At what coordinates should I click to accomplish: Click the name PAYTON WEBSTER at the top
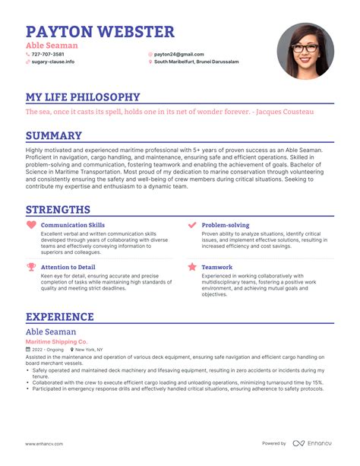coord(100,31)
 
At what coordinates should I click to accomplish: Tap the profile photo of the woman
coord(306,51)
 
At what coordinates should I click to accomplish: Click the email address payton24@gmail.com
coord(179,54)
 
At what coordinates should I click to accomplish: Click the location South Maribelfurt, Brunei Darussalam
coord(197,62)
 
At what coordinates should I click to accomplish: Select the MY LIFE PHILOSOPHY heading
coord(83,97)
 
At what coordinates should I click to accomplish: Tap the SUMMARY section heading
coord(54,135)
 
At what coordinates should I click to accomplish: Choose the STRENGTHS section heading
coord(58,209)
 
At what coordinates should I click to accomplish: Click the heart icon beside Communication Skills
coord(31,225)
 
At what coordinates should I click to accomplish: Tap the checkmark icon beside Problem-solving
coord(192,225)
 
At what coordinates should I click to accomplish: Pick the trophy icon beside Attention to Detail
coord(31,267)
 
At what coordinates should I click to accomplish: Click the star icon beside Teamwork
coord(192,267)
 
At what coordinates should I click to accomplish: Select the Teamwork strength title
coord(217,267)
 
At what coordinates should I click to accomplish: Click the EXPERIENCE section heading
coord(60,316)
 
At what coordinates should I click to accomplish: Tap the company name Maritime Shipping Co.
coord(57,342)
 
